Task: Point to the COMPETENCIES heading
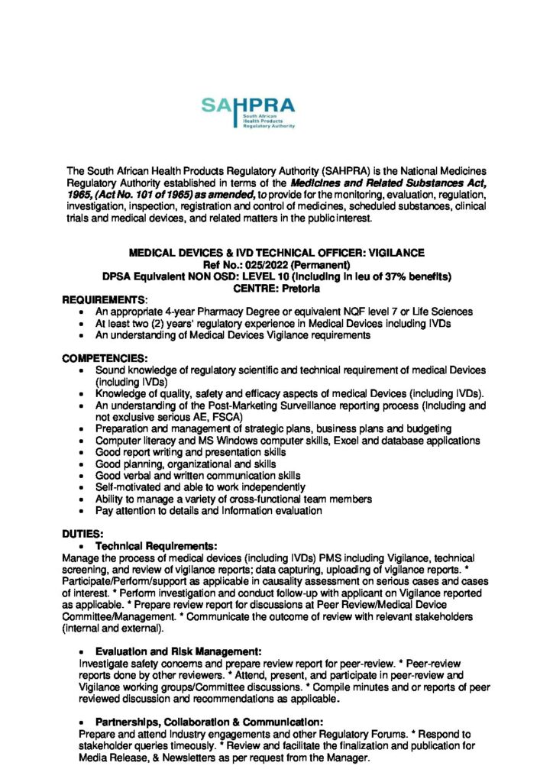(x=105, y=359)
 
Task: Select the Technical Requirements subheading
(x=156, y=547)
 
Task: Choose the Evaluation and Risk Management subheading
(x=179, y=651)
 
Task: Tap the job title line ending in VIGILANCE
(x=276, y=253)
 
